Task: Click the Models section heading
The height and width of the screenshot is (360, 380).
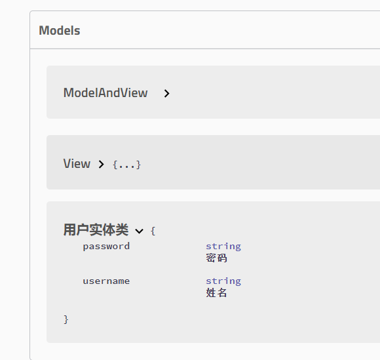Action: click(x=60, y=31)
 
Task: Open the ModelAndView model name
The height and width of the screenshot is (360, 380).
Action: click(x=105, y=92)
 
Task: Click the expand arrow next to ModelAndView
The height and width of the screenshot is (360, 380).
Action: click(x=166, y=93)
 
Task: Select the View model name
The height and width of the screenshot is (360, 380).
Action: click(x=77, y=163)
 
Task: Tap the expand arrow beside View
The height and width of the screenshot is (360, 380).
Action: click(x=102, y=164)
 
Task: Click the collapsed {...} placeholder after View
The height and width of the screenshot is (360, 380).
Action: click(x=126, y=165)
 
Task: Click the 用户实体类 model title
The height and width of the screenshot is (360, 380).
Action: click(x=96, y=230)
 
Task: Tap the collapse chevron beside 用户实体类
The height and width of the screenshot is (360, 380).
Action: click(x=139, y=231)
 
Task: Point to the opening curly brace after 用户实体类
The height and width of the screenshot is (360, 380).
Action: click(x=153, y=231)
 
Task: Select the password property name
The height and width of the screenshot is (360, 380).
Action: click(x=106, y=247)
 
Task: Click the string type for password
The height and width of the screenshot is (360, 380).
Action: click(x=223, y=247)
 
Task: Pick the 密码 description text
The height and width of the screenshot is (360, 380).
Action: click(x=216, y=258)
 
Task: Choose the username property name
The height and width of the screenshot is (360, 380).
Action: click(x=106, y=281)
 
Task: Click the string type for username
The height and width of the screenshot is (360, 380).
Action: click(x=223, y=281)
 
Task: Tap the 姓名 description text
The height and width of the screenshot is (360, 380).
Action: click(x=216, y=292)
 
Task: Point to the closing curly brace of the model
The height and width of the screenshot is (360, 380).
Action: click(x=66, y=319)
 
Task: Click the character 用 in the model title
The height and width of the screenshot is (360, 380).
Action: click(x=70, y=230)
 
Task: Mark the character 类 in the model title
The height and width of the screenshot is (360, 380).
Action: click(x=122, y=230)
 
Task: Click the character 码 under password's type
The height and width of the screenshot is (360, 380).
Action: click(x=221, y=258)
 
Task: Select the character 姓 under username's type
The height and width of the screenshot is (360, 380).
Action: click(x=211, y=292)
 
